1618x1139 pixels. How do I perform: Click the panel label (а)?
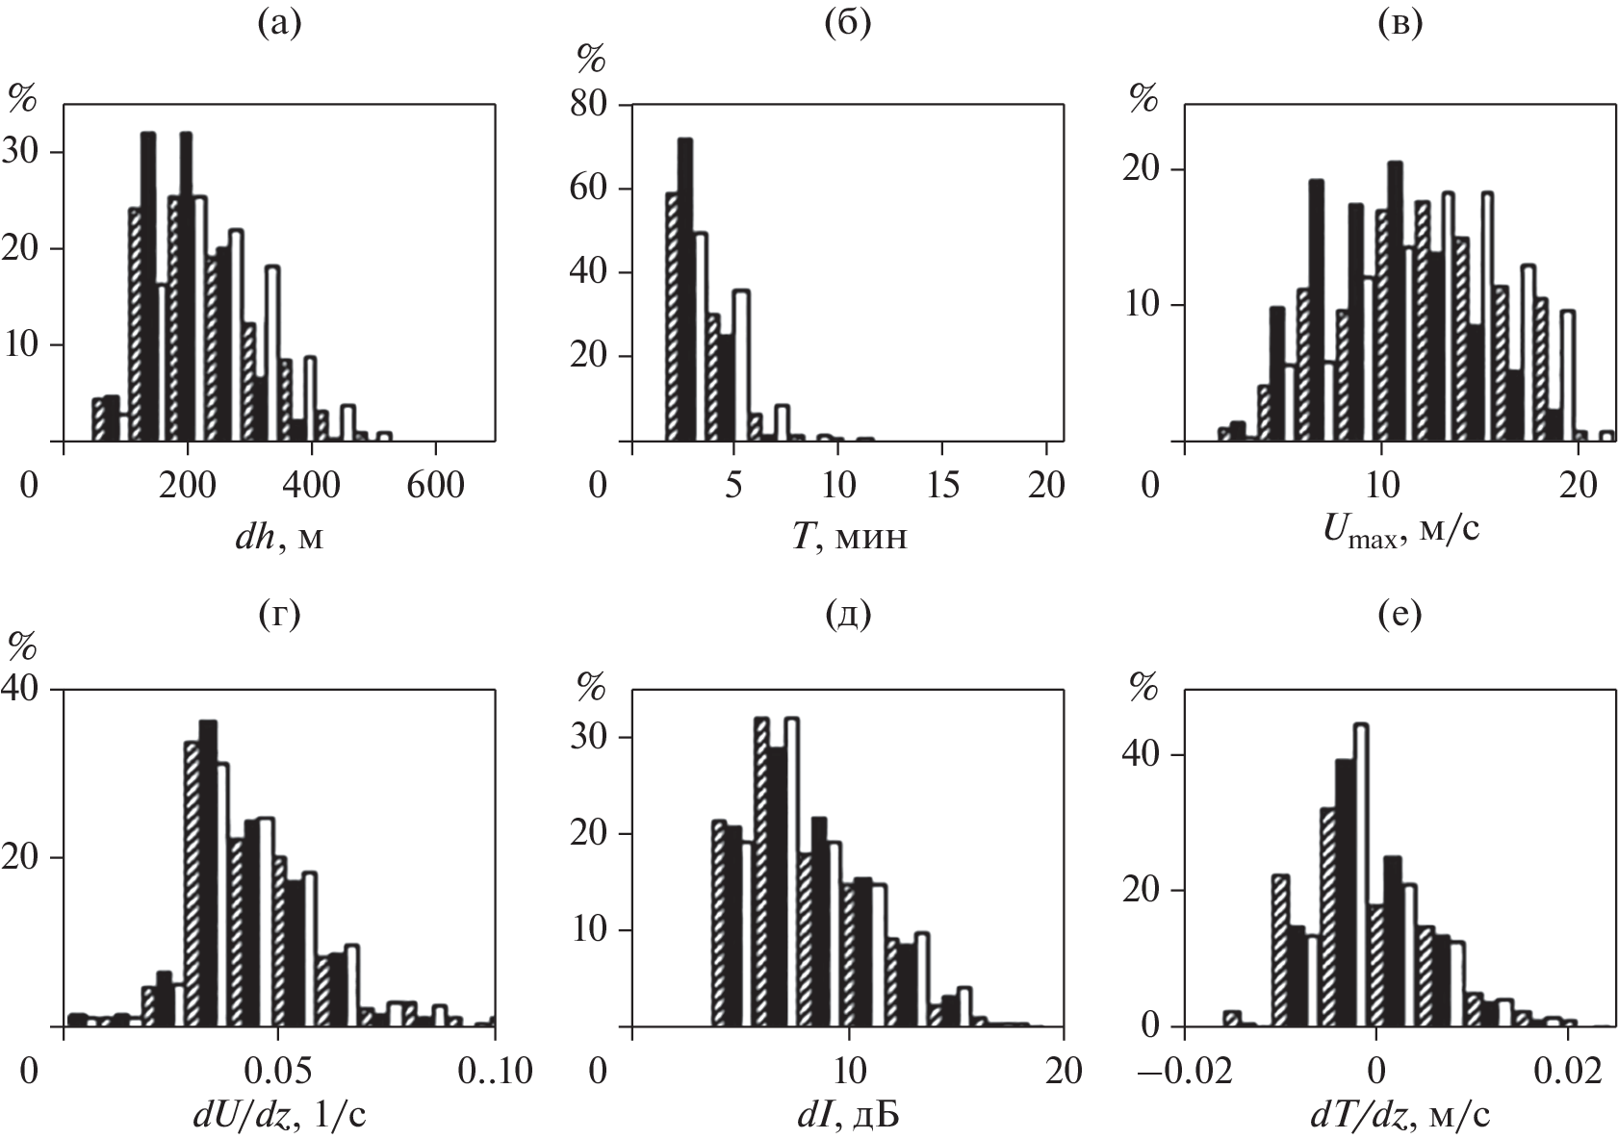click(279, 24)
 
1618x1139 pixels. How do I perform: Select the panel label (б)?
click(847, 24)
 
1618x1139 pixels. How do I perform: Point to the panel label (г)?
click(279, 613)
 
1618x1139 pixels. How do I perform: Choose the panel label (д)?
click(847, 613)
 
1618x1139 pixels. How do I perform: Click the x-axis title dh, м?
click(279, 536)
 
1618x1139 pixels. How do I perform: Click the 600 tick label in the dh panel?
click(434, 485)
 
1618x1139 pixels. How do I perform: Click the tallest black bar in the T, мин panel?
click(685, 290)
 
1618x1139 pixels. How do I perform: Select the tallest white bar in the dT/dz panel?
click(1361, 875)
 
